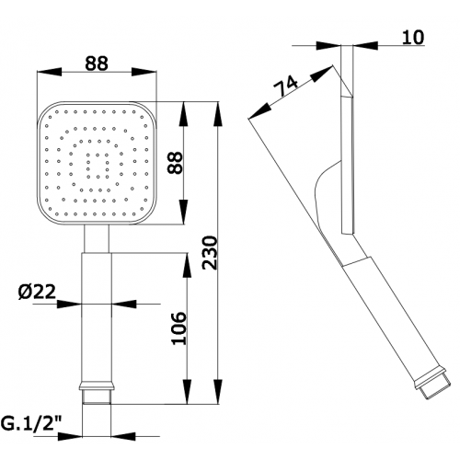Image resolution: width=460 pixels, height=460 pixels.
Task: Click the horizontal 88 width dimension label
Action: click(x=97, y=63)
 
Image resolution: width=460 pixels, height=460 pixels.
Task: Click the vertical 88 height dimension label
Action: click(x=176, y=163)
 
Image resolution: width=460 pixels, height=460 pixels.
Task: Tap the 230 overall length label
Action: click(x=210, y=252)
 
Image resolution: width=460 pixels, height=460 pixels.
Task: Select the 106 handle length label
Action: click(x=178, y=328)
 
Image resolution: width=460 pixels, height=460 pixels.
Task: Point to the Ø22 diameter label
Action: click(x=37, y=291)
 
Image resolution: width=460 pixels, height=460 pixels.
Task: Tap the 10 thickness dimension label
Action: click(x=413, y=37)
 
